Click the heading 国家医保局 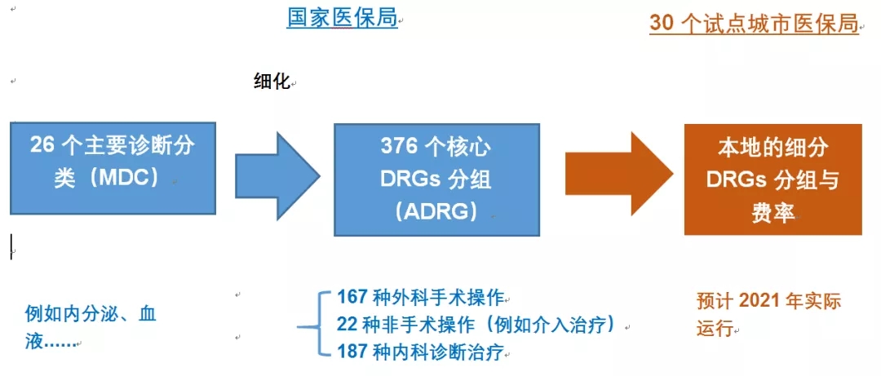pyautogui.click(x=342, y=19)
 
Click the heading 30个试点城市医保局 pyautogui.click(x=754, y=24)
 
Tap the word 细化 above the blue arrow pyautogui.click(x=272, y=83)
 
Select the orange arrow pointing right pyautogui.click(x=618, y=175)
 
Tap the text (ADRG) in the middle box pyautogui.click(x=436, y=212)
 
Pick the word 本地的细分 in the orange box pyautogui.click(x=773, y=148)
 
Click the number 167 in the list pyautogui.click(x=354, y=297)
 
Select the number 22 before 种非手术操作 pyautogui.click(x=348, y=325)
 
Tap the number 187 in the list pyautogui.click(x=354, y=352)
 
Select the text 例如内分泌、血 pyautogui.click(x=91, y=314)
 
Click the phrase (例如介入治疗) pyautogui.click(x=551, y=325)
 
